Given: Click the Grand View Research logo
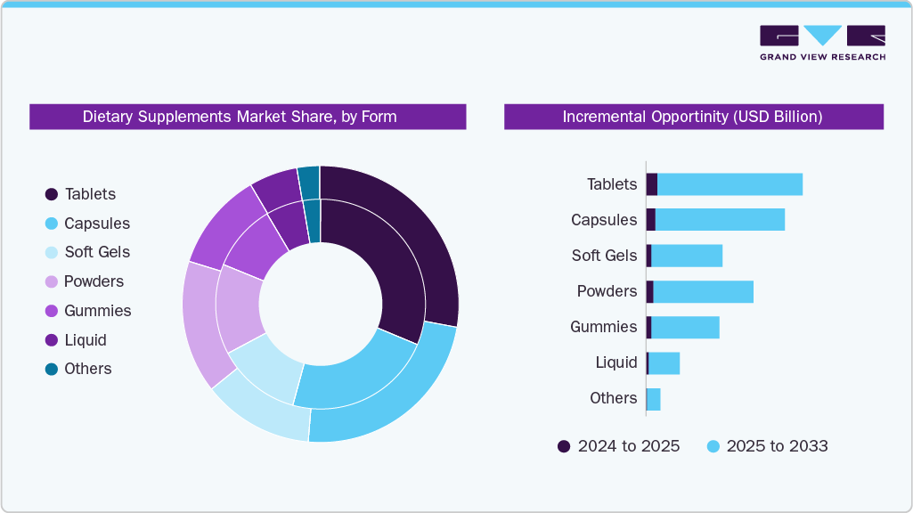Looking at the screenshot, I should tap(822, 42).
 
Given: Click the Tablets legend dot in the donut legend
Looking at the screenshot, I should tap(52, 194).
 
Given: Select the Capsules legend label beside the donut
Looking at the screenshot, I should tap(97, 224).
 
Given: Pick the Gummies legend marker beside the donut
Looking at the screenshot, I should tap(52, 311).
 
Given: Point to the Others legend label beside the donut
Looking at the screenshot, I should tap(88, 369).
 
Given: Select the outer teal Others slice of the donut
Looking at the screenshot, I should tap(309, 182).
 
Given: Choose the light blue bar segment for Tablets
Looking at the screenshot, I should tap(730, 184).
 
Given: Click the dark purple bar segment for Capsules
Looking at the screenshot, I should tap(650, 220).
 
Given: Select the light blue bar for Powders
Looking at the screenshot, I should tap(703, 291).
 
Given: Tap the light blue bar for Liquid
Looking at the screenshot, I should tap(664, 362).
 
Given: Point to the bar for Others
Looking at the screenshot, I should tap(654, 399).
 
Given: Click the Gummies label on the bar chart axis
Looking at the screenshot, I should tap(603, 327).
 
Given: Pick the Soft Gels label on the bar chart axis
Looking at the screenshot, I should tap(604, 256).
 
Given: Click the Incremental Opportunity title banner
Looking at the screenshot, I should tap(693, 117).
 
